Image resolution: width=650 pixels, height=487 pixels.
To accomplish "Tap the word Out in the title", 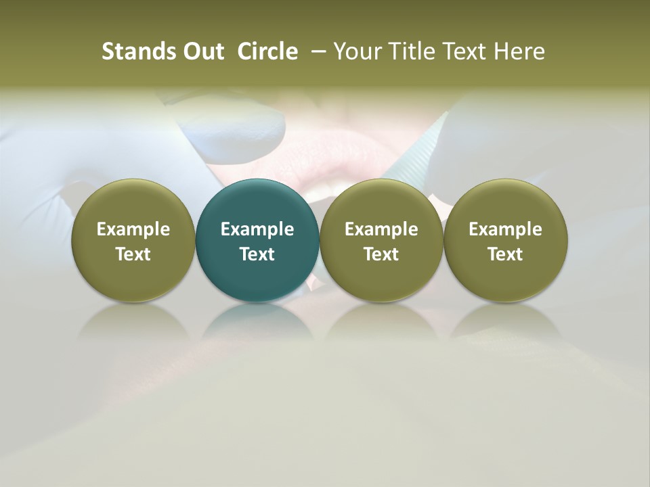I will (201, 51).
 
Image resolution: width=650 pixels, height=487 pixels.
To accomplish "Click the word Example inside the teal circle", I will (257, 229).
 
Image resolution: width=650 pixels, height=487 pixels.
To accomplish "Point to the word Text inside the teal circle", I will (257, 254).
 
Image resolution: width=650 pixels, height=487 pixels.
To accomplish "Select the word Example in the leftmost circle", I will (133, 229).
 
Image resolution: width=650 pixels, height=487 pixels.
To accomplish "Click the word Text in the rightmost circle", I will (505, 254).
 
